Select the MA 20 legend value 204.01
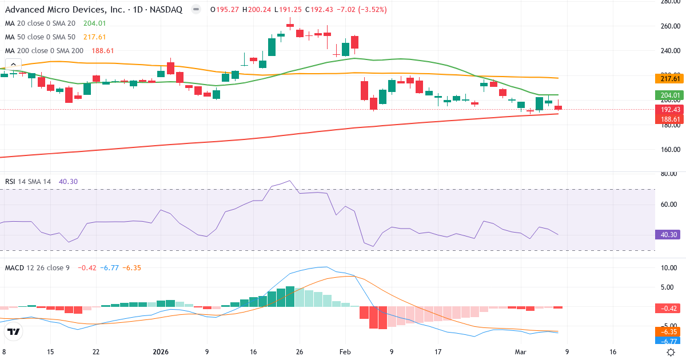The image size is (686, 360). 95,23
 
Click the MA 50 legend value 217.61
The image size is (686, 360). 95,37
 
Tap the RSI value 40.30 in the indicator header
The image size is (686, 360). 68,181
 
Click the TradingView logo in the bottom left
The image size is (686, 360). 14,331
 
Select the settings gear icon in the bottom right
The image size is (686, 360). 672,353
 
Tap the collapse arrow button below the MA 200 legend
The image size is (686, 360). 13,64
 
